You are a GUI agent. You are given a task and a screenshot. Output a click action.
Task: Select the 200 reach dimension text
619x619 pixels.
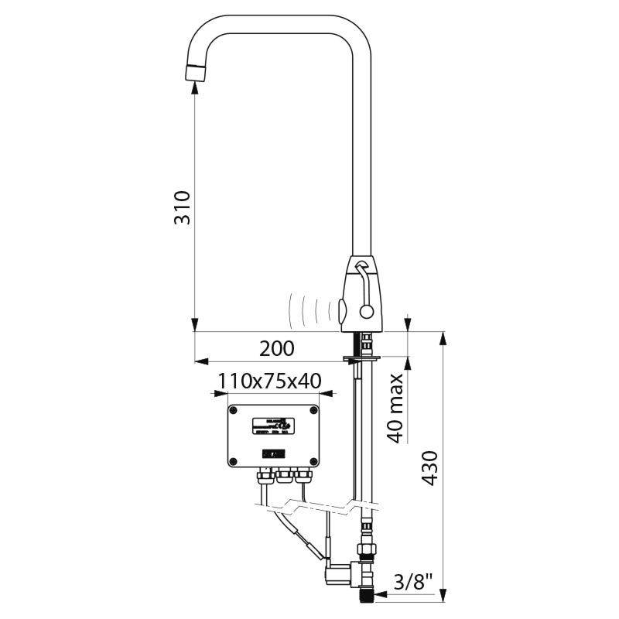pos(276,348)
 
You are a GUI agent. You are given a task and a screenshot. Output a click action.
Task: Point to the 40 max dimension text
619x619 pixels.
pos(395,408)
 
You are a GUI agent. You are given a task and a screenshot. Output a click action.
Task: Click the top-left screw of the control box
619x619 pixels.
pos(234,410)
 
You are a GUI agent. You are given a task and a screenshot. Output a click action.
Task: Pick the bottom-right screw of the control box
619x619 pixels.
pos(315,462)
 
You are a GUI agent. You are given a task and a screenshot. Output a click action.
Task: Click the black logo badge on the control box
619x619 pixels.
pos(274,453)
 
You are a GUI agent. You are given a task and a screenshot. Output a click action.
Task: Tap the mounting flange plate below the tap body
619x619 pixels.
pos(361,357)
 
